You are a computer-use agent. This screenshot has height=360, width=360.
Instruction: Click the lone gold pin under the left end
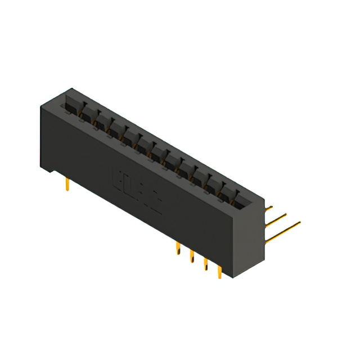pyautogui.click(x=67, y=184)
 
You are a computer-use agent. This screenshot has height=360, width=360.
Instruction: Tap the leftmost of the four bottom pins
pyautogui.click(x=178, y=248)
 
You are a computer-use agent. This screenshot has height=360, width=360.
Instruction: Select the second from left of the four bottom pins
pyautogui.click(x=192, y=256)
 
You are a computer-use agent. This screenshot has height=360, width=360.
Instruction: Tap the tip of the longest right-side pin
pyautogui.click(x=299, y=223)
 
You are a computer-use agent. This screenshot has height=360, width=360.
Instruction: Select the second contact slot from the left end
pyautogui.click(x=88, y=111)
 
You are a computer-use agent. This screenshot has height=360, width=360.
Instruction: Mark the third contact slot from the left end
pyautogui.click(x=102, y=119)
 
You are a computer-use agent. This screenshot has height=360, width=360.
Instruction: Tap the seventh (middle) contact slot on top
pyautogui.click(x=159, y=151)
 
